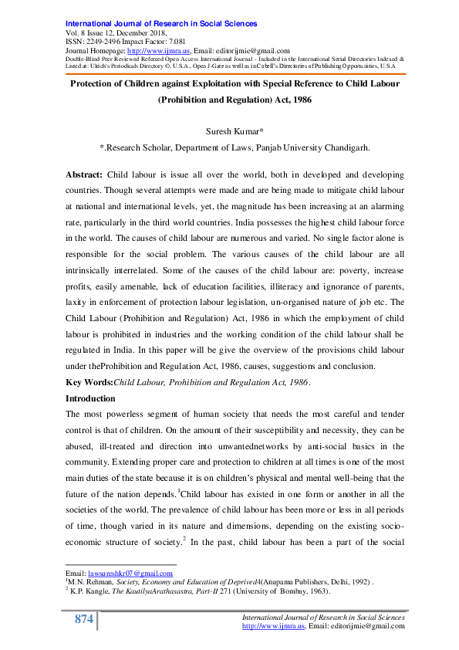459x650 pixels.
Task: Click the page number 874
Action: pos(83,620)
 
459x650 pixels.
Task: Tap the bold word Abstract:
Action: pos(86,175)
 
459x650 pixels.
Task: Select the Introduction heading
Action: pos(90,398)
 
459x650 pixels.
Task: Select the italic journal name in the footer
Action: pos(324,618)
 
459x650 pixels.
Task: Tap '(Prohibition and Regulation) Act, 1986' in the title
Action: pos(229,100)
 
